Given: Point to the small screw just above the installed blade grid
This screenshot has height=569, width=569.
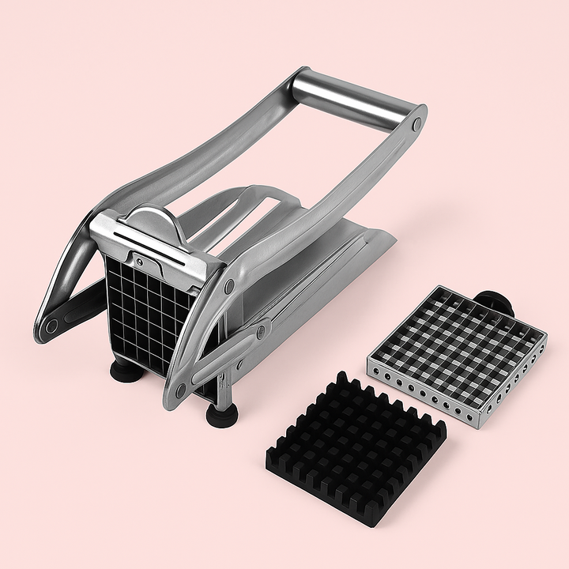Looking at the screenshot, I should pos(140,260).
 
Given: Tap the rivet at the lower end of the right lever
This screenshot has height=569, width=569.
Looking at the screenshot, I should pos(180,389).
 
